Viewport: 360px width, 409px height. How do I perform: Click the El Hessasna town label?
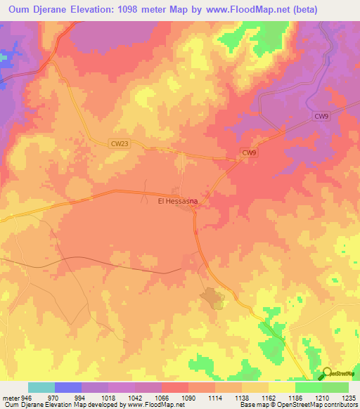176,201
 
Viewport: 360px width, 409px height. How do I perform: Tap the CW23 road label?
120,143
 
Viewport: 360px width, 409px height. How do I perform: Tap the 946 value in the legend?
27,397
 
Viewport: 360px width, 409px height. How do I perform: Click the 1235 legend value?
349,397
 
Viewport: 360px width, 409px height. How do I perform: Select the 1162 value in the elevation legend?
269,397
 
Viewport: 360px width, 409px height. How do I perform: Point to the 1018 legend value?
107,397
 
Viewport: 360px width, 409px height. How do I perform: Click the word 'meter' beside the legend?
10,397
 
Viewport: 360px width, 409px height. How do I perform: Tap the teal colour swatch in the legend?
41,387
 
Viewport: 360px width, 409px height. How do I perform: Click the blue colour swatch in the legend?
67,387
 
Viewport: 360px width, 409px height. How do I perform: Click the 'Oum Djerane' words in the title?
35,10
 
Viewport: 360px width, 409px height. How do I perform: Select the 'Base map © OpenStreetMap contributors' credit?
297,405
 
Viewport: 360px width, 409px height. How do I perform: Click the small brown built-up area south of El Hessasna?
213,299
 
